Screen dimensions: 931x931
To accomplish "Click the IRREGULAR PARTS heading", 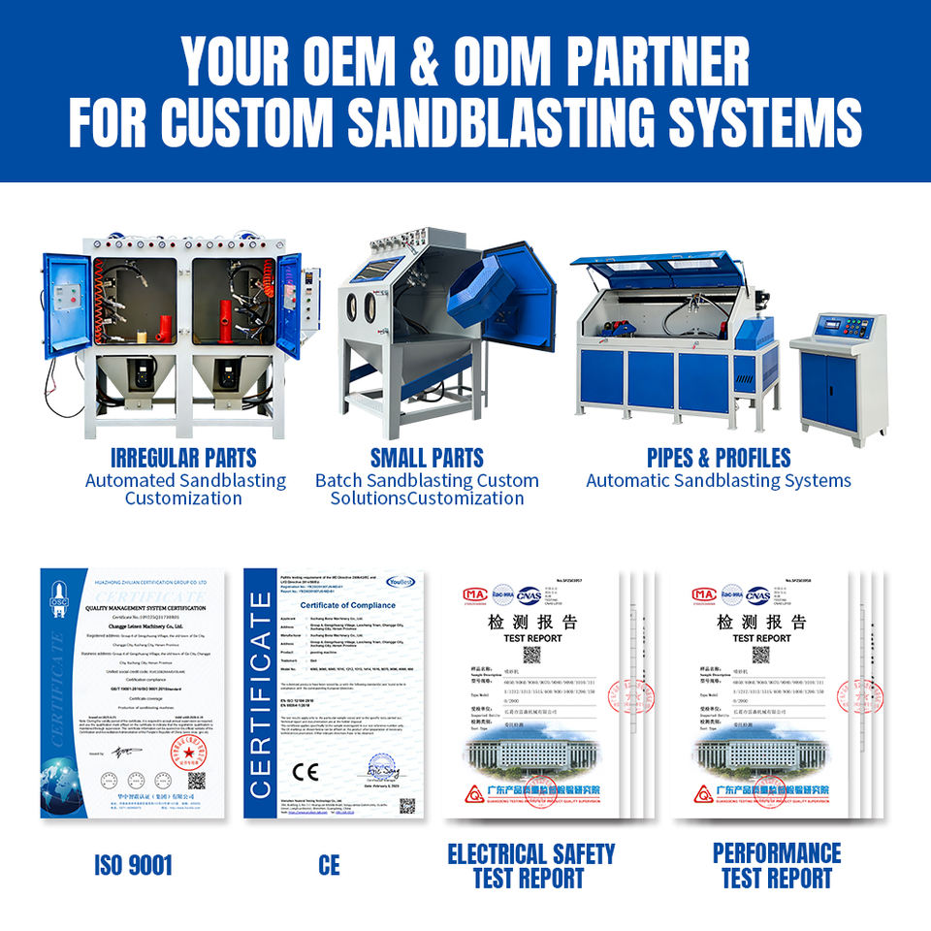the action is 183,458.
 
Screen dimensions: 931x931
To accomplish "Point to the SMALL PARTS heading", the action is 427,458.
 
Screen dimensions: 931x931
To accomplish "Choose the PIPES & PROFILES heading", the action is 719,458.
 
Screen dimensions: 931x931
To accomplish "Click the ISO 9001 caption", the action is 133,865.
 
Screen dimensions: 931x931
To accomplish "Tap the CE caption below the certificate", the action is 329,865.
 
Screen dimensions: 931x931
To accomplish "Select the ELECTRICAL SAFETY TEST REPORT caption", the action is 530,866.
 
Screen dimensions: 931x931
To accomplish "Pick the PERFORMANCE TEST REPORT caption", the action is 777,866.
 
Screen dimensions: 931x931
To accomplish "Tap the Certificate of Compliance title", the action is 334,605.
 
